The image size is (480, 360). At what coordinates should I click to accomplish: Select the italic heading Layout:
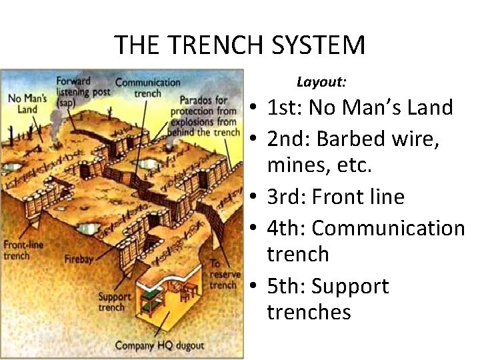[321, 83]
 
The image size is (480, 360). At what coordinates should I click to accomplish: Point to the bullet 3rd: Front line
[335, 197]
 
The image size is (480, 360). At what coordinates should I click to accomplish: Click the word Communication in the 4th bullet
[388, 228]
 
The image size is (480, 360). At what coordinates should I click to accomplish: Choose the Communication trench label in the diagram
[147, 87]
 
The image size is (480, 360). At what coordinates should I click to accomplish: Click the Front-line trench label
[23, 250]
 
